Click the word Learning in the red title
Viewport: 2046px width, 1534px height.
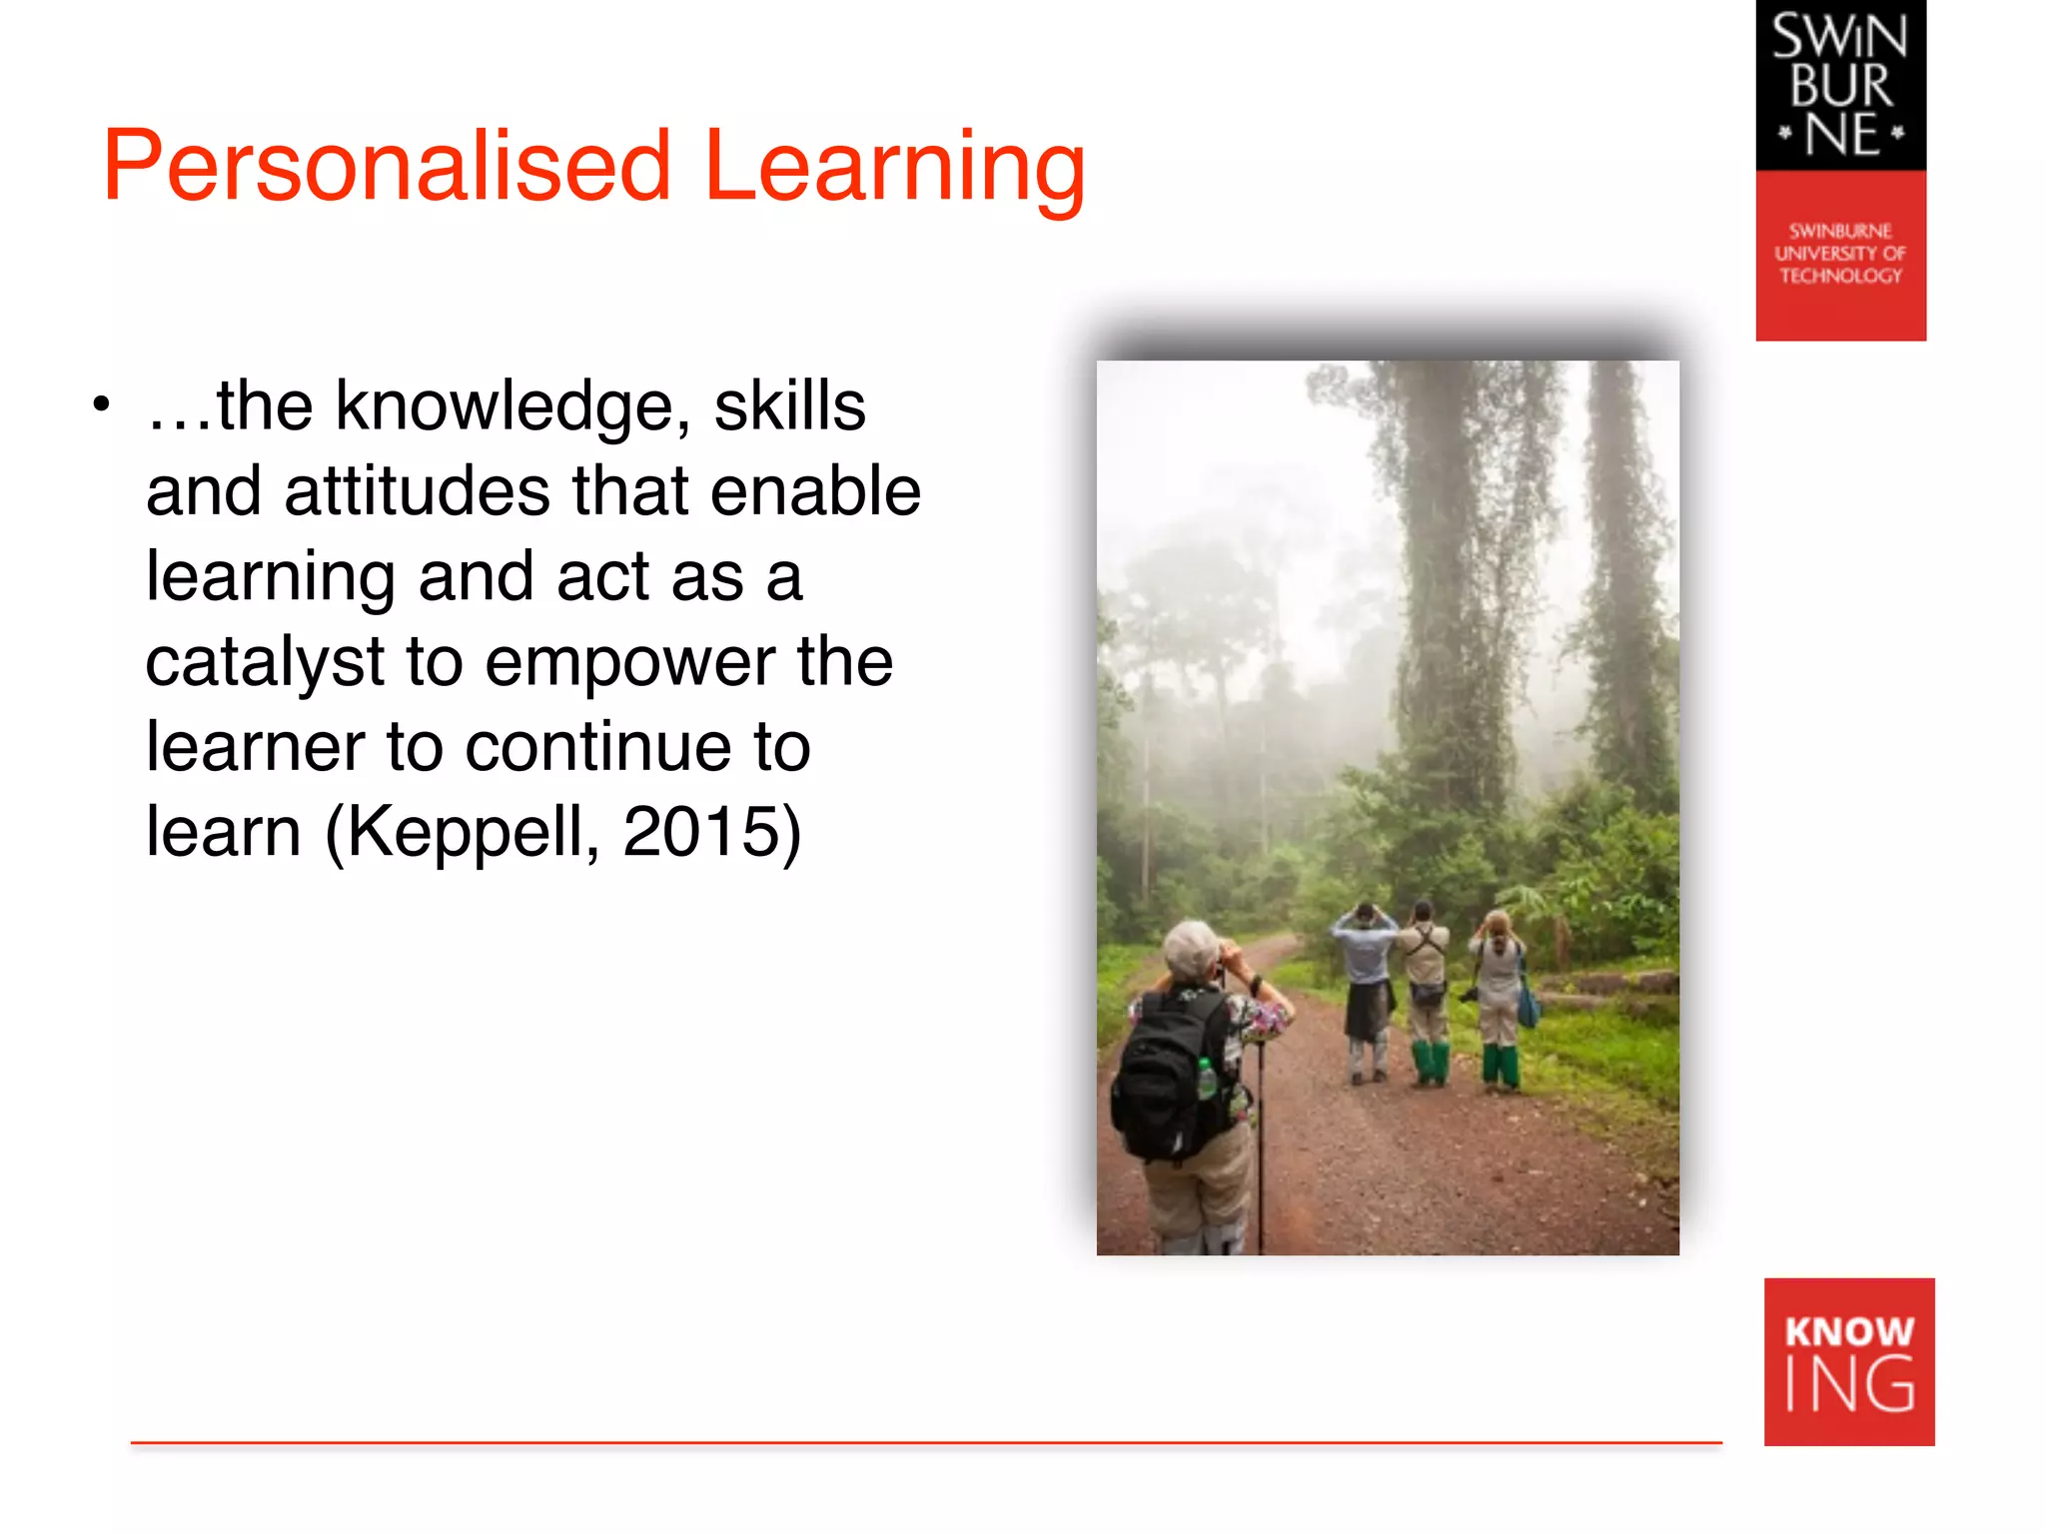[x=894, y=168]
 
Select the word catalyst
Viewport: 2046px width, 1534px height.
[x=265, y=663]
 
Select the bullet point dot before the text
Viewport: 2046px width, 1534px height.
[x=100, y=405]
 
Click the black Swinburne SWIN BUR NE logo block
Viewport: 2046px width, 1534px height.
[x=1840, y=86]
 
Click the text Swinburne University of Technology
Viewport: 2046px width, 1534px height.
[x=1840, y=254]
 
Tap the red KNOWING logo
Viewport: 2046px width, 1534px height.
[x=1849, y=1361]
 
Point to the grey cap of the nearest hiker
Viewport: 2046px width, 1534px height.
[x=1189, y=944]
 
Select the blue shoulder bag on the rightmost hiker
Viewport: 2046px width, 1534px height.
[x=1530, y=1004]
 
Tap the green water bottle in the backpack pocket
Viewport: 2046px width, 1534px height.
[x=1207, y=1079]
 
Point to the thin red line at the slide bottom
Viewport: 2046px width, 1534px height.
[x=925, y=1442]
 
